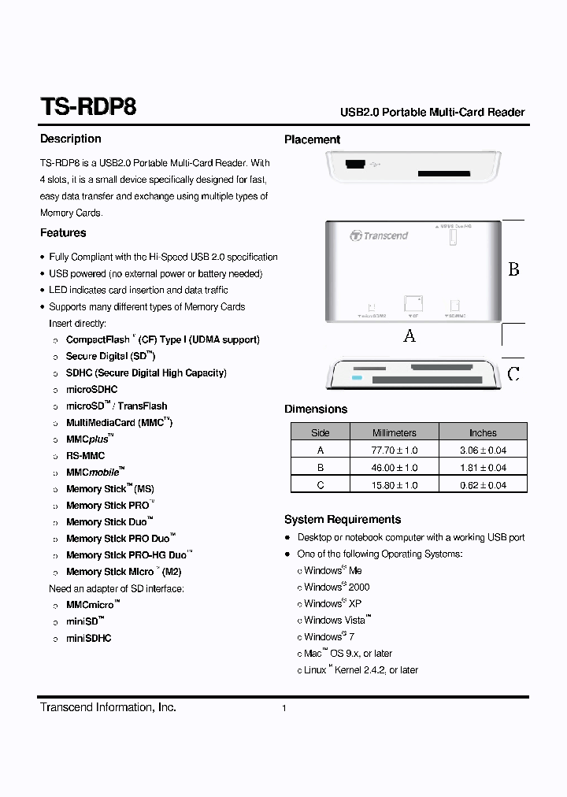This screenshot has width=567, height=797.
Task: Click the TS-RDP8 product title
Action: point(87,107)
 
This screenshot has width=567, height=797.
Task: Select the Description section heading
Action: point(71,139)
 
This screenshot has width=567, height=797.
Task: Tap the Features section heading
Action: point(63,233)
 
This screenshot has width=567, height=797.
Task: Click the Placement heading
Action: point(312,139)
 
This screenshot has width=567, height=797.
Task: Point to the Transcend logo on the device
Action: point(379,235)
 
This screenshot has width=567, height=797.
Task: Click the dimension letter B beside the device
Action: point(513,270)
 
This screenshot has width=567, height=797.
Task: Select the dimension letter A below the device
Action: point(409,336)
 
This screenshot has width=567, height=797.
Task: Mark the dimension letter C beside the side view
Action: point(513,374)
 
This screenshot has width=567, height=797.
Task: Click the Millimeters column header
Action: point(394,432)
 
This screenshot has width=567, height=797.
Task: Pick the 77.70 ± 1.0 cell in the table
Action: point(394,450)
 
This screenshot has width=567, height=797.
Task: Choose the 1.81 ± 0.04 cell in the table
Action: point(483,468)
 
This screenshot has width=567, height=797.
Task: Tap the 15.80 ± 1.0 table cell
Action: point(394,485)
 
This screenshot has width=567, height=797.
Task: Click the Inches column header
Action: point(483,432)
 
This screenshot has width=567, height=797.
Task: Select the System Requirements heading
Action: point(343,520)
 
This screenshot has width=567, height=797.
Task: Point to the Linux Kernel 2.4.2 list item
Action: point(361,670)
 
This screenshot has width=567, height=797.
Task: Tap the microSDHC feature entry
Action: point(91,390)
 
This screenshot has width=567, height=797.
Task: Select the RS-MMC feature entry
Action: point(85,456)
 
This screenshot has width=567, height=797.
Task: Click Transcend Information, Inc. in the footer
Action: point(108,707)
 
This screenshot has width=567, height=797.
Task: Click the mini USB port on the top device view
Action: point(354,165)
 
